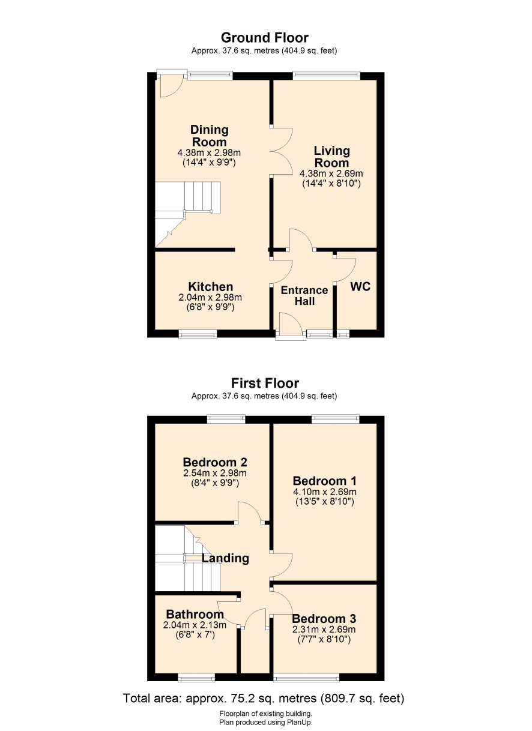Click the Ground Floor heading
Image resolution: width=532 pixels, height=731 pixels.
pyautogui.click(x=265, y=38)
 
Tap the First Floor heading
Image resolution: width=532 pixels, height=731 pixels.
pyautogui.click(x=265, y=383)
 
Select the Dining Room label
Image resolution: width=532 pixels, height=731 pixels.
pyautogui.click(x=210, y=136)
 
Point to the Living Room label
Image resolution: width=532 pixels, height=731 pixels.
pyautogui.click(x=331, y=157)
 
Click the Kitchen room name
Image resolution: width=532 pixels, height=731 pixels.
pyautogui.click(x=211, y=287)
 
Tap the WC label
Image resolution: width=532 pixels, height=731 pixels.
pyautogui.click(x=360, y=286)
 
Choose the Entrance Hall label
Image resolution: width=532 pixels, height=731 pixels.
pyautogui.click(x=304, y=296)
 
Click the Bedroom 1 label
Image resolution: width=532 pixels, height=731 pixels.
pyautogui.click(x=325, y=481)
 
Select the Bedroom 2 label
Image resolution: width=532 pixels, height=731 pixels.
pyautogui.click(x=215, y=462)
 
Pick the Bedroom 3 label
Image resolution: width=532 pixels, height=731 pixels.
pyautogui.click(x=324, y=618)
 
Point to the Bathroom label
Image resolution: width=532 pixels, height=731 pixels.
pyautogui.click(x=195, y=614)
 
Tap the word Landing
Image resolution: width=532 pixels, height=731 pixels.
pyautogui.click(x=225, y=558)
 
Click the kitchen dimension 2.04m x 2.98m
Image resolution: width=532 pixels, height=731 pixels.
pyautogui.click(x=210, y=298)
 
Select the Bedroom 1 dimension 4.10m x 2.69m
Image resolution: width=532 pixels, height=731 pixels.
pyautogui.click(x=325, y=492)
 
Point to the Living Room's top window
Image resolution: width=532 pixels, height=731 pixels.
pyautogui.click(x=327, y=76)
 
